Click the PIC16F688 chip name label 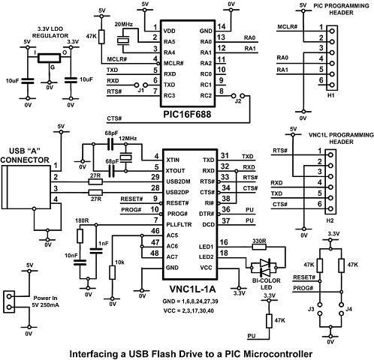[188, 115]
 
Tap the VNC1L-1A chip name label [192, 289]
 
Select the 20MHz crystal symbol [123, 40]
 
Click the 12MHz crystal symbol [125, 157]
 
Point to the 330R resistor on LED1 [259, 247]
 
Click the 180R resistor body [80, 236]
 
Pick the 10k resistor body [113, 272]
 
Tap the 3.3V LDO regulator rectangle [49, 58]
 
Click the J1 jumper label [141, 90]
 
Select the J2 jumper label [238, 101]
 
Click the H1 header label [331, 95]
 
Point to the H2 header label [330, 220]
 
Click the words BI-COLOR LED [267, 284]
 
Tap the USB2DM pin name [178, 181]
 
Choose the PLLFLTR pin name [179, 224]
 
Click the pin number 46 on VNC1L [155, 231]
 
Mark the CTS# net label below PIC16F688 [114, 118]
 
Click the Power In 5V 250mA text [45, 301]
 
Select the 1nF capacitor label [104, 243]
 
